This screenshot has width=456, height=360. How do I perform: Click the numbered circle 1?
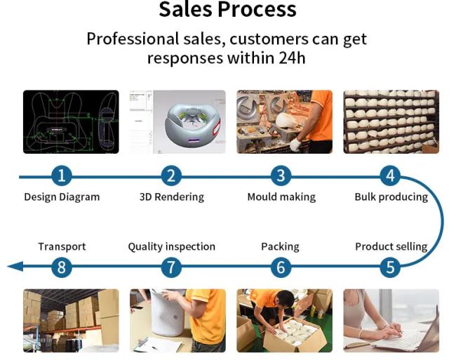pyautogui.click(x=61, y=175)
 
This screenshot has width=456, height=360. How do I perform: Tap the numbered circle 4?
pyautogui.click(x=391, y=175)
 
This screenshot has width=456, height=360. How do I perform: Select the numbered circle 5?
pyautogui.click(x=391, y=267)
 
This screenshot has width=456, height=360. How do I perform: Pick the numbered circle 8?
pyautogui.click(x=61, y=267)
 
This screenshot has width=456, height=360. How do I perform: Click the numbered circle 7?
pyautogui.click(x=171, y=267)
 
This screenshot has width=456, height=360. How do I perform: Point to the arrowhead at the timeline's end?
pyautogui.click(x=15, y=267)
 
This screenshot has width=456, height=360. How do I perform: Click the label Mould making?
pyautogui.click(x=281, y=197)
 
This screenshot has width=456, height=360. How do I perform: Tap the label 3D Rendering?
pyautogui.click(x=172, y=197)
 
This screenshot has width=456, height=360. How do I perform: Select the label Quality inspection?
pyautogui.click(x=172, y=246)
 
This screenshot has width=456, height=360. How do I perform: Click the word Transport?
pyautogui.click(x=62, y=246)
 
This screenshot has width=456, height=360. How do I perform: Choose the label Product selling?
pyautogui.click(x=391, y=246)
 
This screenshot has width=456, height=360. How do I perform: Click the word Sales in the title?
pyautogui.click(x=185, y=9)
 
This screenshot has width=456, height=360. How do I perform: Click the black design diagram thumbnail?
pyautogui.click(x=71, y=122)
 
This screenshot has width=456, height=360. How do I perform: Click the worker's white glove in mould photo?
pyautogui.click(x=295, y=145)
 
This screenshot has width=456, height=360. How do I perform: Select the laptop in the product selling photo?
pyautogui.click(x=407, y=335)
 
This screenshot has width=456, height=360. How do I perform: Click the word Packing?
pyautogui.click(x=280, y=246)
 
